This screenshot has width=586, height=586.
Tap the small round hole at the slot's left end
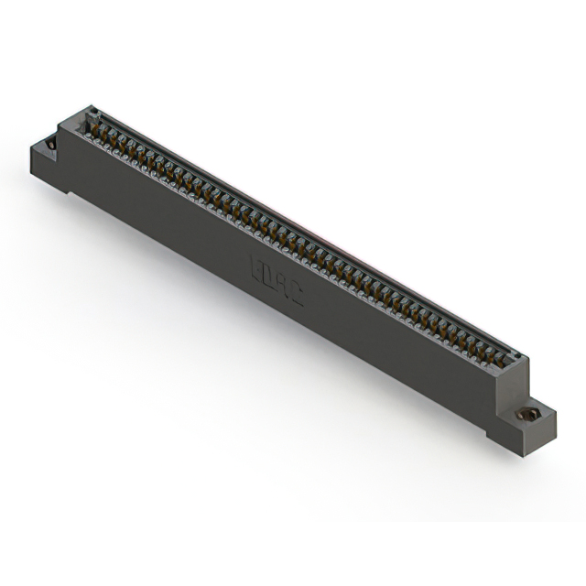[x=91, y=114]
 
